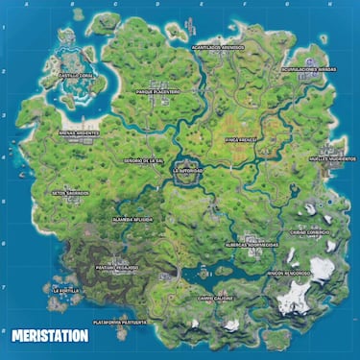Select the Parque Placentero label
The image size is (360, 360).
tap(158, 92)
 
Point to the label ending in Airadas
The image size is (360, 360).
tap(308, 69)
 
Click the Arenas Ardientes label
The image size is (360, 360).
tap(78, 133)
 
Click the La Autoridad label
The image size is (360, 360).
tap(187, 170)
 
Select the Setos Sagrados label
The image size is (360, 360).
tap(71, 192)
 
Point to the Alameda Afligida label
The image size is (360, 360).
tap(133, 220)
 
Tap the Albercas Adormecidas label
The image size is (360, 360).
tap(252, 245)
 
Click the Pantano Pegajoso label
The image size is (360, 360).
tap(117, 268)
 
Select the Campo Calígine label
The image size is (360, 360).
tap(217, 298)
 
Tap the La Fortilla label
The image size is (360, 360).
tap(67, 289)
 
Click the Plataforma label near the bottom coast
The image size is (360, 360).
tap(119, 323)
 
